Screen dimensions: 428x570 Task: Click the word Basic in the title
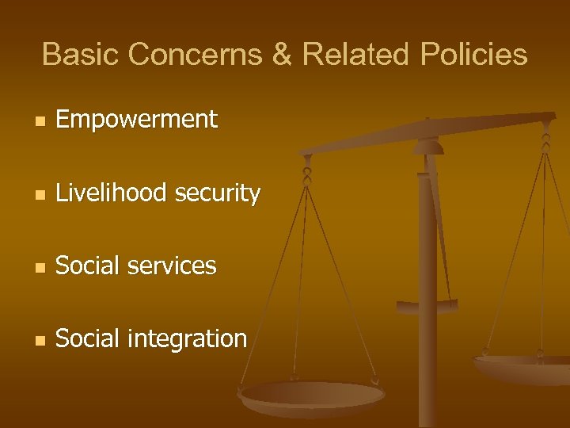81,55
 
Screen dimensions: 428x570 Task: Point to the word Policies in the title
474,55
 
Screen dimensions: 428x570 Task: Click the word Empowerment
136,120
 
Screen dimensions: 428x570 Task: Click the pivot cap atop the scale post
428,146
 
